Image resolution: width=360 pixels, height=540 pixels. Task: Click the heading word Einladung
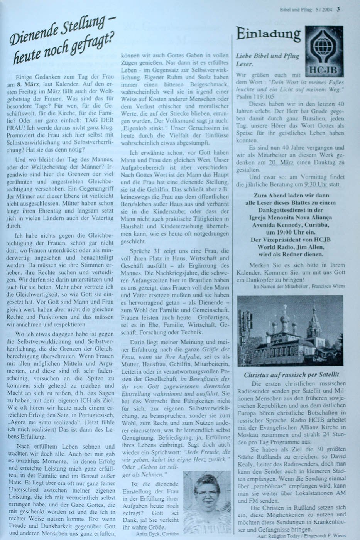coord(268,35)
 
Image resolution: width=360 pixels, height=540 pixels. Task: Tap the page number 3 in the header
coord(338,10)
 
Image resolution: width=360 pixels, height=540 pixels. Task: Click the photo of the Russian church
coord(290,331)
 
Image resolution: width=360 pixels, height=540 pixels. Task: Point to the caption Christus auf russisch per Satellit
coord(291,375)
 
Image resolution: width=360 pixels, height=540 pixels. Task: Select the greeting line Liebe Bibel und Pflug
coord(267,56)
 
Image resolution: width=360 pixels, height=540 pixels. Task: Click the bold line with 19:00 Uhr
coord(292,232)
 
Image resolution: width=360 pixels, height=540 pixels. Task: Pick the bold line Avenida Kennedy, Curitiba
coord(292,225)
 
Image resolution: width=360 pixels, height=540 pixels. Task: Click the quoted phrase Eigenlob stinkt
coord(141,128)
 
